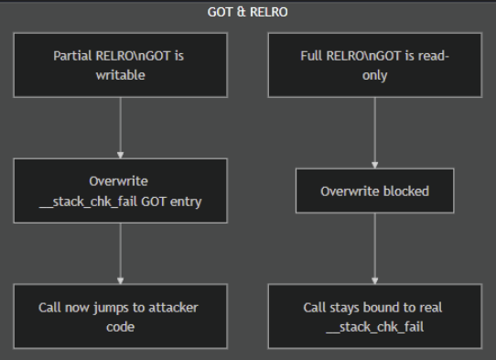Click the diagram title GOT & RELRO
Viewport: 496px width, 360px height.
(247, 13)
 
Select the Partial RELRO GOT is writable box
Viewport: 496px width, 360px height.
(120, 64)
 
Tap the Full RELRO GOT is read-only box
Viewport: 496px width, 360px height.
(374, 64)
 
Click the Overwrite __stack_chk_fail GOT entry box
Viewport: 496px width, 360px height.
(120, 191)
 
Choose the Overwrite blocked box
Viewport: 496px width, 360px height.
(374, 191)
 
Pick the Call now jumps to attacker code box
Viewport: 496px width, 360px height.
(120, 316)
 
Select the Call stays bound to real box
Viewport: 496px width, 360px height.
(374, 316)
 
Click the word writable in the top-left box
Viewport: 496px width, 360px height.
(120, 74)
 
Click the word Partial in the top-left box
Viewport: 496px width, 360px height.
(73, 55)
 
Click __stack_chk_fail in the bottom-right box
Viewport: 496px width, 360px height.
(374, 326)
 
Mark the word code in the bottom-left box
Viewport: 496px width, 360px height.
(120, 326)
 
